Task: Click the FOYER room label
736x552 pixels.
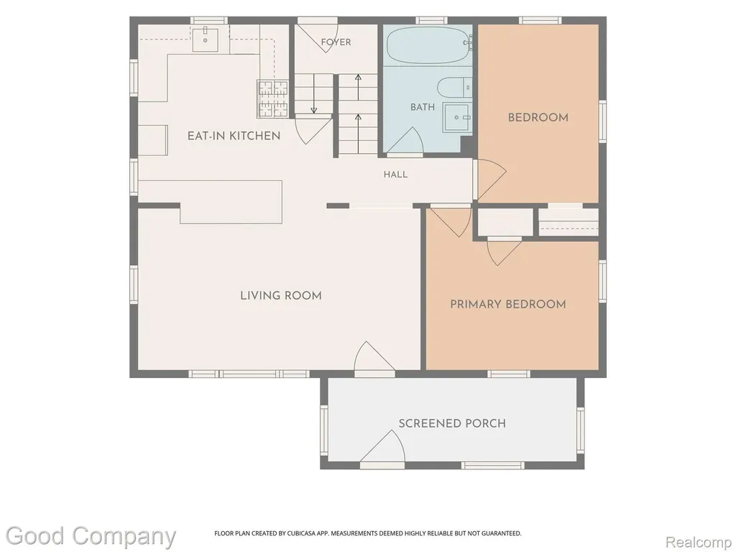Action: coord(336,42)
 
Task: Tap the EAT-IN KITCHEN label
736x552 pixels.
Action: coord(234,136)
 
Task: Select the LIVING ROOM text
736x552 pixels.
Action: coord(281,295)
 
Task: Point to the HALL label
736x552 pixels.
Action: coord(395,175)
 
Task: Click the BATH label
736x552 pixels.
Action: coord(423,107)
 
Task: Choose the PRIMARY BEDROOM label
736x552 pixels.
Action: coord(508,304)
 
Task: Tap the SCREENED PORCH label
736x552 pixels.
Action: coord(452,423)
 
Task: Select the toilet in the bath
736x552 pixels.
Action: coord(454,88)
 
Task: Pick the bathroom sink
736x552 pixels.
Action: coord(457,117)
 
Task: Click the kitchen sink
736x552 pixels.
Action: coord(205,40)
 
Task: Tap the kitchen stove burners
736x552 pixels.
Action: coord(272,99)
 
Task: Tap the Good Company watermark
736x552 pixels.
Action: coord(91,536)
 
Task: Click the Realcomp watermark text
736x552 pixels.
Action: coord(699,543)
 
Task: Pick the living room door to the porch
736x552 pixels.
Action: coord(374,356)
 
